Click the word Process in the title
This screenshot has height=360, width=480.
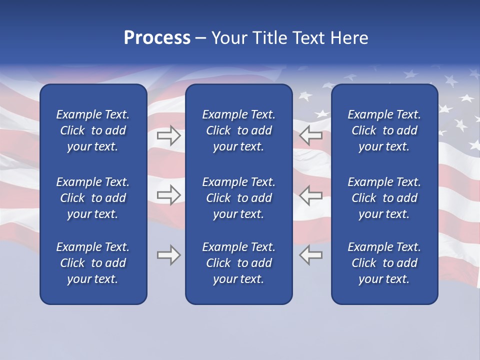tap(157, 38)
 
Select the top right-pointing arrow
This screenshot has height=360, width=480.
tap(168, 135)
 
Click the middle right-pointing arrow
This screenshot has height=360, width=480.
tap(168, 195)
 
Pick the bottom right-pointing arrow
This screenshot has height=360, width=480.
tap(168, 255)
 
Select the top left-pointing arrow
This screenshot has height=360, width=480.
tap(311, 135)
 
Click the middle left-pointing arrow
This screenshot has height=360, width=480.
tap(311, 195)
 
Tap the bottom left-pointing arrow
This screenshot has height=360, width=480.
tap(311, 255)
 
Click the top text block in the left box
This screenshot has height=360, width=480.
tap(93, 130)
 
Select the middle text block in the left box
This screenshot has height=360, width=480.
tap(93, 198)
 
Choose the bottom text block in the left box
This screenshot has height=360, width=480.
tap(93, 263)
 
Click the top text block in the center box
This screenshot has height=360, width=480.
tap(238, 130)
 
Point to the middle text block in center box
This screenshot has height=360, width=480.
tap(238, 198)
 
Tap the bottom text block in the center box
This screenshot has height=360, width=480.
tap(238, 263)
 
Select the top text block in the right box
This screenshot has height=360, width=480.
tap(384, 130)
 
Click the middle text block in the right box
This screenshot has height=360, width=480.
tap(384, 198)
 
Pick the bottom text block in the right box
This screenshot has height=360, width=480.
tap(384, 263)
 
